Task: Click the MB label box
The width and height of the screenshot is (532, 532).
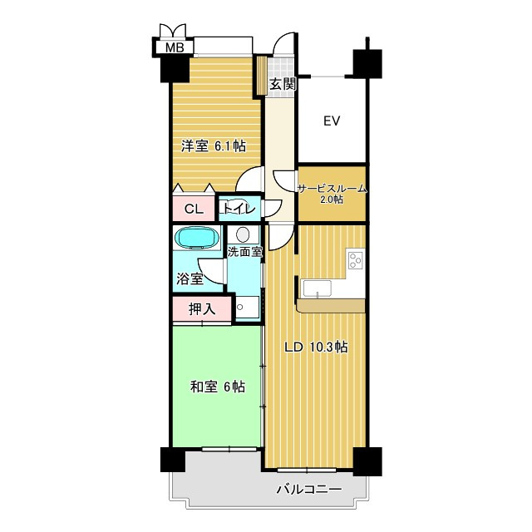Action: pyautogui.click(x=175, y=47)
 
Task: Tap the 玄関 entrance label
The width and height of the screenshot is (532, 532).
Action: pyautogui.click(x=283, y=84)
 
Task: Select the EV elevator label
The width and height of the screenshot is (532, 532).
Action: pyautogui.click(x=332, y=121)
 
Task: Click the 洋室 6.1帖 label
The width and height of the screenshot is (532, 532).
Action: pyautogui.click(x=214, y=146)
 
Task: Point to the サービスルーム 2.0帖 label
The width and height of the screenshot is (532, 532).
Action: pyautogui.click(x=332, y=193)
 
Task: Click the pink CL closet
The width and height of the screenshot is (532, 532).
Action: pyautogui.click(x=194, y=209)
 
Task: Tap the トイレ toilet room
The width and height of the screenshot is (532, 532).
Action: pyautogui.click(x=240, y=209)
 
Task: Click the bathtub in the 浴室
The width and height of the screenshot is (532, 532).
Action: pyautogui.click(x=197, y=238)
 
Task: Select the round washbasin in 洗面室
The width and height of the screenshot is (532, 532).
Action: pyautogui.click(x=243, y=234)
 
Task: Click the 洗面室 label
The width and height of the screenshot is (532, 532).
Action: pyautogui.click(x=244, y=252)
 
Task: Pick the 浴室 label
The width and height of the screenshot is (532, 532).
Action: pyautogui.click(x=190, y=279)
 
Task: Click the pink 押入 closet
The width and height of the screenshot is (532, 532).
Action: pyautogui.click(x=202, y=309)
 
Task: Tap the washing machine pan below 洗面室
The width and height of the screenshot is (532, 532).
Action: pyautogui.click(x=248, y=307)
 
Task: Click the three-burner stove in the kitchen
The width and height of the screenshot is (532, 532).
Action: pyautogui.click(x=356, y=260)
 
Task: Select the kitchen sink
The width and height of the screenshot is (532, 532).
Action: pyautogui.click(x=318, y=288)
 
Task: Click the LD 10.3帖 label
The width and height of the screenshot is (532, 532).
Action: pyautogui.click(x=316, y=347)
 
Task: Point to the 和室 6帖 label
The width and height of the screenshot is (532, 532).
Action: pyautogui.click(x=218, y=387)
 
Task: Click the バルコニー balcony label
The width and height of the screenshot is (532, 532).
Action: pyautogui.click(x=308, y=490)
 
